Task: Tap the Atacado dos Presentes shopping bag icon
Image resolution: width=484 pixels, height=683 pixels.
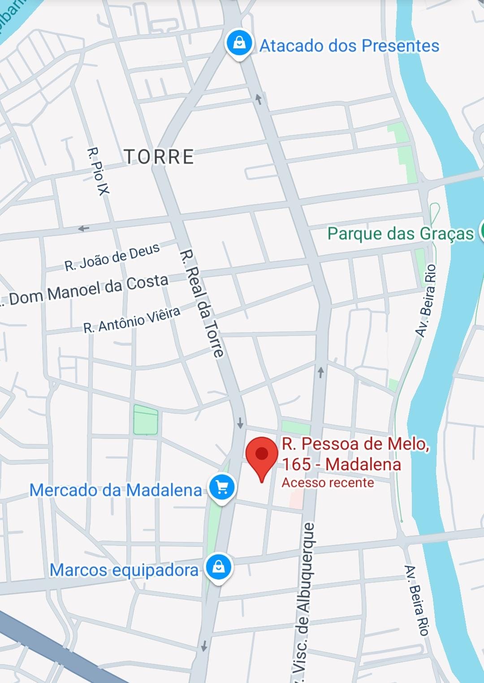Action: [x=240, y=43]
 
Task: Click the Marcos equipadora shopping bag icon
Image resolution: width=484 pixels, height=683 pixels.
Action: [x=218, y=567]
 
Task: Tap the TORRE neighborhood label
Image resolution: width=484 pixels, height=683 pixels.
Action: [x=159, y=157]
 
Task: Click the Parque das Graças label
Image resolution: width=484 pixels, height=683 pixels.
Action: [x=400, y=234]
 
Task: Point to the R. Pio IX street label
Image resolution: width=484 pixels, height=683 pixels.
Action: [x=98, y=171]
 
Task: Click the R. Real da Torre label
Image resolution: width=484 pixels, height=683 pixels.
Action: [x=202, y=304]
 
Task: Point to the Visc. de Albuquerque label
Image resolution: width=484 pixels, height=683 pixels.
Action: [x=304, y=600]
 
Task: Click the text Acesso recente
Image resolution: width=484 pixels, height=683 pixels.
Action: [x=328, y=483]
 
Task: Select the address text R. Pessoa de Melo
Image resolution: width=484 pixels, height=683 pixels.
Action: [x=355, y=444]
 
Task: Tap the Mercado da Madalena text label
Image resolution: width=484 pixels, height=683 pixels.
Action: [x=116, y=490]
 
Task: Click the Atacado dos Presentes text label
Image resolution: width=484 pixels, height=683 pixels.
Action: [x=350, y=46]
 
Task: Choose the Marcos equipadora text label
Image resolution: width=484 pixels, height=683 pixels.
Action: [x=124, y=570]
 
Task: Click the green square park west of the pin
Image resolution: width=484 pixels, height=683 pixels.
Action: [x=146, y=420]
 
